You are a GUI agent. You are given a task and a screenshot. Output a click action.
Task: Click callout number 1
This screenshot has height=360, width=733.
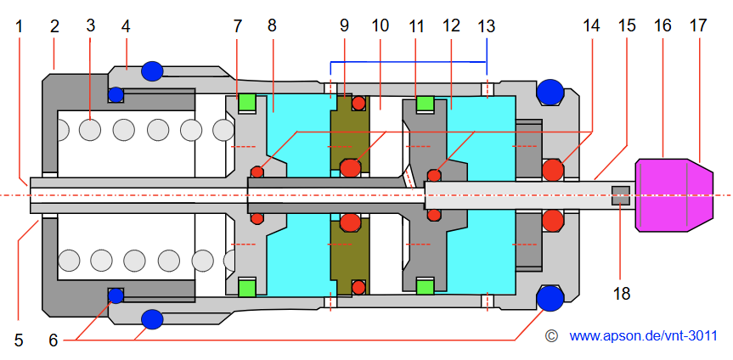coord(20,25)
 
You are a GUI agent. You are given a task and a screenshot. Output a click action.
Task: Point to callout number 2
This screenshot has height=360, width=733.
coord(54,25)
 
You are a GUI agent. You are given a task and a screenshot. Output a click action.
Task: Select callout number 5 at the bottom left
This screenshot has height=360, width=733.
coord(19,340)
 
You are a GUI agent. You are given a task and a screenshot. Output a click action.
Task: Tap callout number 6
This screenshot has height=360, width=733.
coord(54,340)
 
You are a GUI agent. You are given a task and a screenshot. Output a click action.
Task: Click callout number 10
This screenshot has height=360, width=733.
coord(380,25)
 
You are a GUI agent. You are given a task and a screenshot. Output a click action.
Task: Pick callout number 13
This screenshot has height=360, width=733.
coord(486,25)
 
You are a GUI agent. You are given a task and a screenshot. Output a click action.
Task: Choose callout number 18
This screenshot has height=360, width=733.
coord(623,294)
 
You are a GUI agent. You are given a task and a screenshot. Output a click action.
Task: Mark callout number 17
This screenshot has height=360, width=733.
coord(698,25)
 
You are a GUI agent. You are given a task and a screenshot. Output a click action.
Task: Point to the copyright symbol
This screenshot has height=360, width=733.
coord(551,336)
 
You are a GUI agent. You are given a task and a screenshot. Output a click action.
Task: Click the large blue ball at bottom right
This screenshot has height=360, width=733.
coord(550,297)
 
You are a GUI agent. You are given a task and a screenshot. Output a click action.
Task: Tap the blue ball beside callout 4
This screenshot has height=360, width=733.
coord(152,70)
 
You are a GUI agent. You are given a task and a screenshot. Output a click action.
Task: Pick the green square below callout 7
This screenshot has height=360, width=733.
coord(247,103)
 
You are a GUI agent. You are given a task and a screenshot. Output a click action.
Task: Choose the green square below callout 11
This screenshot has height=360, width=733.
coord(425,104)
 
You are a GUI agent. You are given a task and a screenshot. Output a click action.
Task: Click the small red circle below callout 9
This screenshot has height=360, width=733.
coord(358,104)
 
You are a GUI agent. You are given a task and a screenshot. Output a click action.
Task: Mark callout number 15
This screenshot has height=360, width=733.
coord(627,25)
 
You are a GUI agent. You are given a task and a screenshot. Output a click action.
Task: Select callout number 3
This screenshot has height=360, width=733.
coord(90,25)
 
